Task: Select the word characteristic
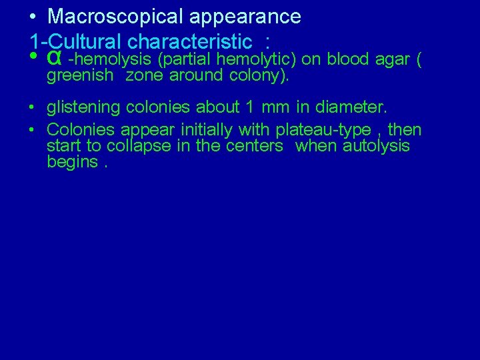pyautogui.click(x=189, y=42)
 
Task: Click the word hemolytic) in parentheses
pyautogui.click(x=258, y=59)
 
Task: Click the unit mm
pyautogui.click(x=277, y=107)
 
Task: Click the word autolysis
pyautogui.click(x=376, y=145)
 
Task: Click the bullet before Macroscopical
pyautogui.click(x=33, y=17)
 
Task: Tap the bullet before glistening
pyautogui.click(x=33, y=107)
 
